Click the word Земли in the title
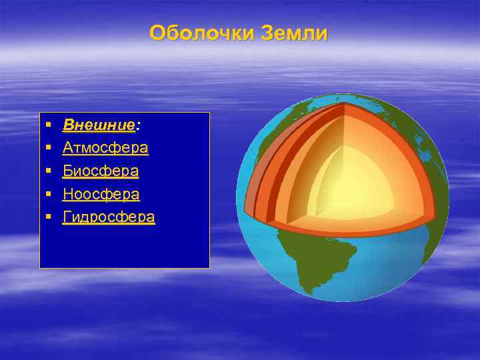295,33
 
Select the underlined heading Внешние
99,125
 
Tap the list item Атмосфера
105,147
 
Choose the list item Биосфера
101,171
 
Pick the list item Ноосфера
101,194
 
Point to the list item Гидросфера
109,217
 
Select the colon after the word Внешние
137,125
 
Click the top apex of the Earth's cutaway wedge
344,105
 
